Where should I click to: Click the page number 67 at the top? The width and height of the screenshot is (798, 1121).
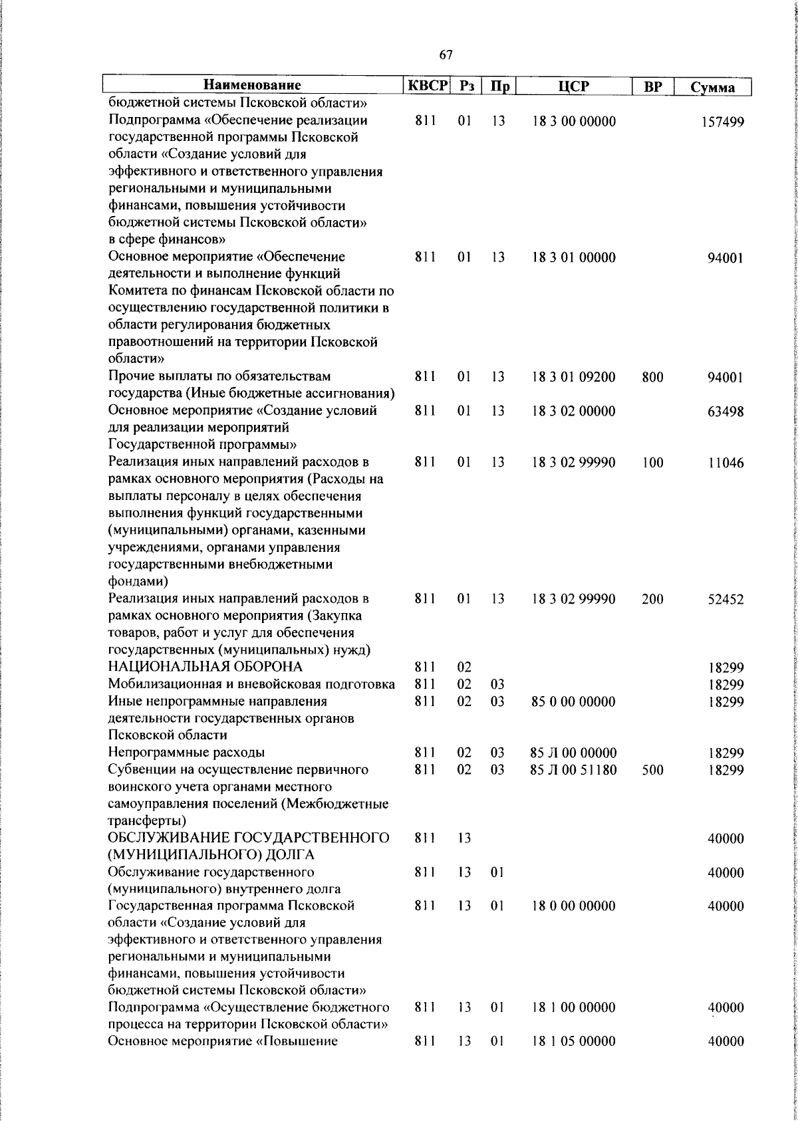[x=446, y=55]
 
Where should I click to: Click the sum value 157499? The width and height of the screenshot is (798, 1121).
[x=723, y=122]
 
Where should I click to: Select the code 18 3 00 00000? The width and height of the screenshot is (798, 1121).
[x=574, y=122]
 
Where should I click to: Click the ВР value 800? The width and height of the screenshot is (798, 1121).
[x=652, y=378]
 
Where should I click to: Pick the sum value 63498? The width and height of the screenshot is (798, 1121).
[x=725, y=412]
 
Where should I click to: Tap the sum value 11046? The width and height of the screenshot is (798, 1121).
[x=726, y=463]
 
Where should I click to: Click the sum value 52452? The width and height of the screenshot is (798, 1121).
[x=725, y=600]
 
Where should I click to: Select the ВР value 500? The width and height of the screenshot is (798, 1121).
[x=652, y=770]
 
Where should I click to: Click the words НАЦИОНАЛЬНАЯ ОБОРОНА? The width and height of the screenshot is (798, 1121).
[x=205, y=667]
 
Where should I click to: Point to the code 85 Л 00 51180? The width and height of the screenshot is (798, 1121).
[x=573, y=770]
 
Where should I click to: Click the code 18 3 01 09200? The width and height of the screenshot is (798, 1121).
[x=573, y=378]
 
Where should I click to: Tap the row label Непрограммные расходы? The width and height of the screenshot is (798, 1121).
[x=186, y=753]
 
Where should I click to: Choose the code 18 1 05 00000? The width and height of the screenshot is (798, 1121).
[x=573, y=1060]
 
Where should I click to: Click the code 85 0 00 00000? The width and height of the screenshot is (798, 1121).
[x=573, y=701]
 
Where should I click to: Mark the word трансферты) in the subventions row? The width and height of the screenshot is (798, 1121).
[x=147, y=820]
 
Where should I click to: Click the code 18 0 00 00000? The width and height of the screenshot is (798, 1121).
[x=573, y=906]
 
